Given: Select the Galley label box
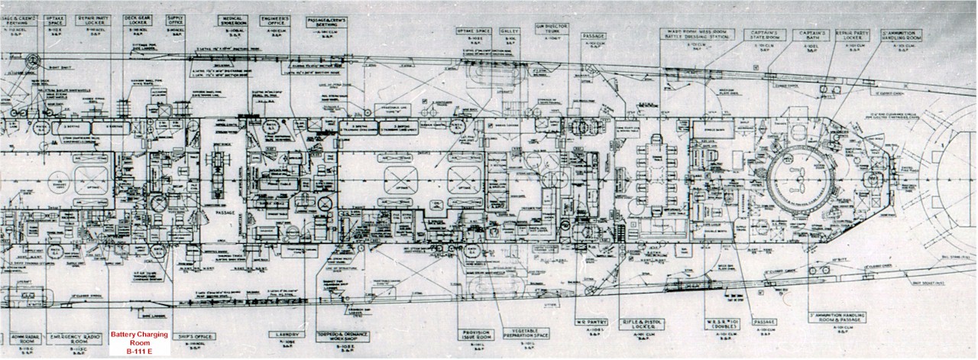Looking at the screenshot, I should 510,34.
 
